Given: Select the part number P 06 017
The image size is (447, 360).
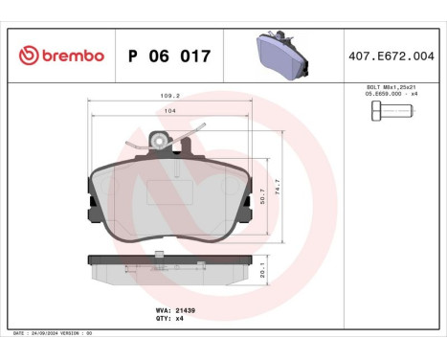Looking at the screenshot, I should point(168,56).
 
